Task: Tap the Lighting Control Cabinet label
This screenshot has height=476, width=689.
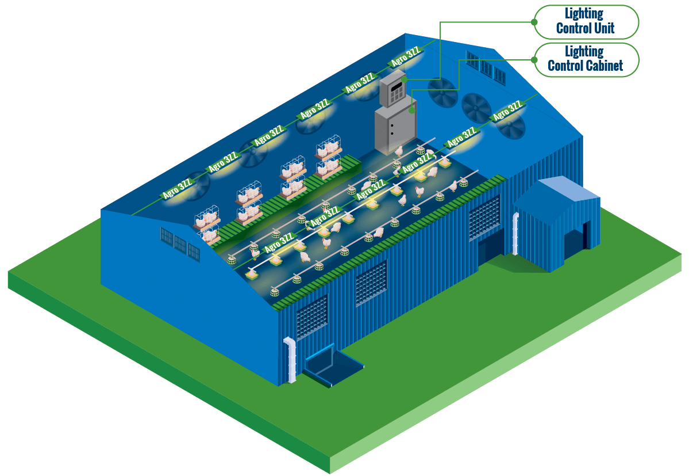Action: point(585,59)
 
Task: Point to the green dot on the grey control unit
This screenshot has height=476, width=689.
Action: point(405,79)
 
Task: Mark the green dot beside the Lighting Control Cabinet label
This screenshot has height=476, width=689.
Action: point(534,59)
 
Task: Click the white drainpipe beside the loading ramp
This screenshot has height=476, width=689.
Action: point(291,359)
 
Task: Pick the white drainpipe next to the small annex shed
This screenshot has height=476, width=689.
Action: point(515,233)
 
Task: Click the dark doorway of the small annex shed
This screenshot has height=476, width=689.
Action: point(586,236)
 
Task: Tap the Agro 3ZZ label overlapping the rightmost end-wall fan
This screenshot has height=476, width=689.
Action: point(507,112)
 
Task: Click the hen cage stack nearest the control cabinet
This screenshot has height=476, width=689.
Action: point(328,155)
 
